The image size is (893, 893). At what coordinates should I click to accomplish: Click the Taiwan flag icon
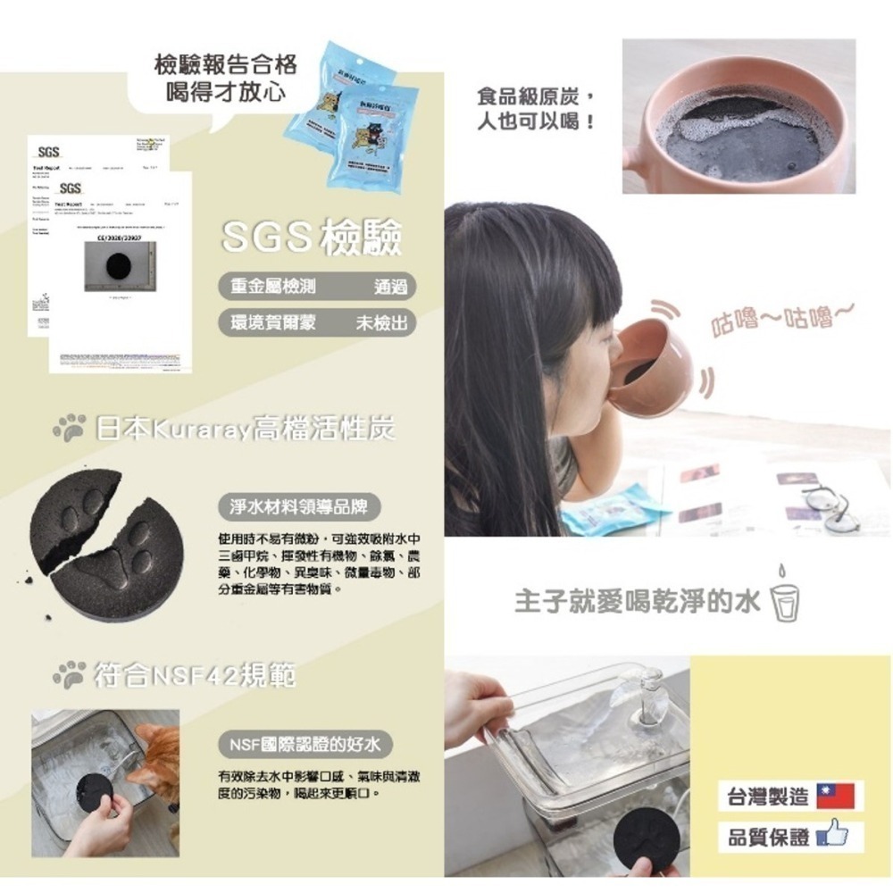834,795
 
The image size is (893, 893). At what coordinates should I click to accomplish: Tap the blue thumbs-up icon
834,837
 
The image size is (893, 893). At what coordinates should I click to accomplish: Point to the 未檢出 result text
381,323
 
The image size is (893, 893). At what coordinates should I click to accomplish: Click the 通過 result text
391,288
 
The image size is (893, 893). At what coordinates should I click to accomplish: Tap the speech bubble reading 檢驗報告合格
225,77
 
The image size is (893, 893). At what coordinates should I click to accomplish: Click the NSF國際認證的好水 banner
305,744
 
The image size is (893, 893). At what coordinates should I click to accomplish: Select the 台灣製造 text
764,796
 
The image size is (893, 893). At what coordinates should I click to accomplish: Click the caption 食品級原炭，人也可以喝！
537,107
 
